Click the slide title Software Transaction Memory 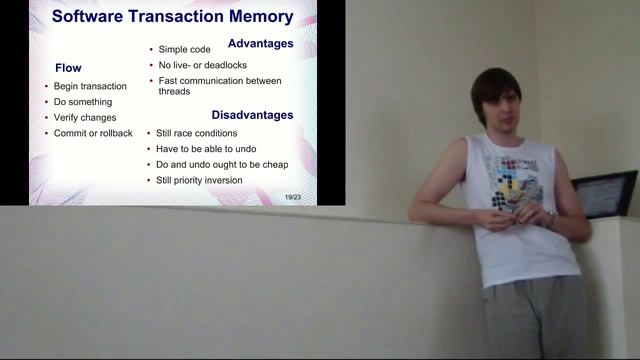(x=172, y=16)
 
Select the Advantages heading (x=260, y=44)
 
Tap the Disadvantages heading (x=252, y=115)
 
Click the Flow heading (x=68, y=68)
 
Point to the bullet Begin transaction (x=90, y=86)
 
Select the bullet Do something (x=83, y=102)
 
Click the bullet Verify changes (x=87, y=118)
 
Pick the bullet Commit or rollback (x=93, y=134)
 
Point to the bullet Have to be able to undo (x=207, y=149)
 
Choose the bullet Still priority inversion (x=199, y=181)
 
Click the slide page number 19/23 (x=292, y=196)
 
